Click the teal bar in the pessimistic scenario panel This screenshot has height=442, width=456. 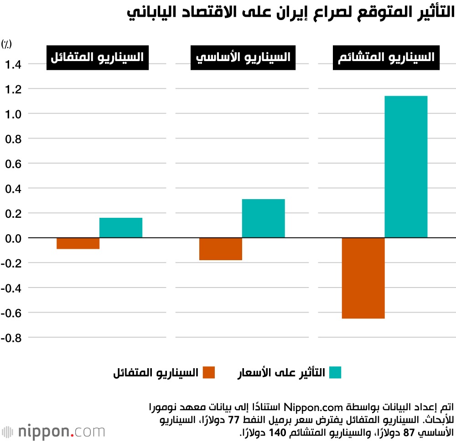click(x=406, y=167)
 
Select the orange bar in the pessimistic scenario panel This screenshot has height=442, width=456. click(x=363, y=278)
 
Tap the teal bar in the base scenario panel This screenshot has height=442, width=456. click(x=263, y=218)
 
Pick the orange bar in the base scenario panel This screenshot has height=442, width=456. click(x=221, y=249)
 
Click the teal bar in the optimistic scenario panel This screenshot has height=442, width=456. click(x=121, y=228)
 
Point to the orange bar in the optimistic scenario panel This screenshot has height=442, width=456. click(x=78, y=243)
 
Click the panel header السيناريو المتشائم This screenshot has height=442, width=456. click(x=386, y=57)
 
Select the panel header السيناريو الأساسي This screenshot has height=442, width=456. click(x=243, y=57)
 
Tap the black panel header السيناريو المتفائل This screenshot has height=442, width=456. click(x=98, y=57)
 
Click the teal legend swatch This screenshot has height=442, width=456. click(x=335, y=372)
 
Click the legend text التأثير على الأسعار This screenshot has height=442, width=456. click(x=281, y=372)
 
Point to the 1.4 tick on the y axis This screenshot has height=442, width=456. click(x=12, y=64)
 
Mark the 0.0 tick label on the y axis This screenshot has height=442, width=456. click(x=12, y=238)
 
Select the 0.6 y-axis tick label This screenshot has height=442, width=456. click(x=12, y=163)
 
